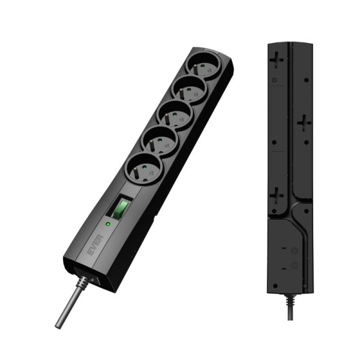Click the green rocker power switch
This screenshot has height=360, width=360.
tap(121, 208)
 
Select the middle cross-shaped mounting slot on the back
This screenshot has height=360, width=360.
tap(304, 124)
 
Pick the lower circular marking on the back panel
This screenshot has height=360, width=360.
tap(293, 265)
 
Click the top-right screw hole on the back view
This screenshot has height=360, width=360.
tap(307, 79)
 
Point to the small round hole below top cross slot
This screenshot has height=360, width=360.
tap(275, 80)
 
